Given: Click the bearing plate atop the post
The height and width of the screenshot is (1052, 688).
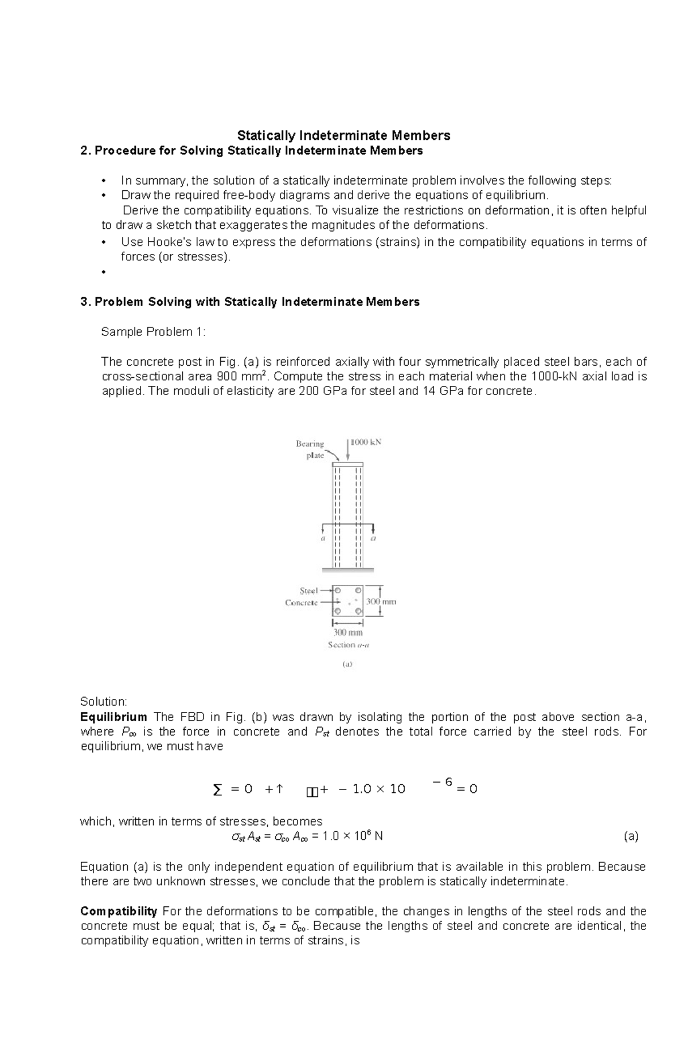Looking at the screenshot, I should click(347, 464).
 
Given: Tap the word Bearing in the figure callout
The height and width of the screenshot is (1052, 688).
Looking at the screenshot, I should click(310, 444).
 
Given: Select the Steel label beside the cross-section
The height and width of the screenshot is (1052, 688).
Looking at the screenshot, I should click(308, 590).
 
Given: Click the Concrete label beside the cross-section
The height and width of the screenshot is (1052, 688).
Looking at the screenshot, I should click(301, 603).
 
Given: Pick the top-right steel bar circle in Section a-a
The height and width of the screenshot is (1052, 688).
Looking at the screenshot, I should click(358, 590).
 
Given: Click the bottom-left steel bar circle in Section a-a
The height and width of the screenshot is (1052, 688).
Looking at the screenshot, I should click(338, 611).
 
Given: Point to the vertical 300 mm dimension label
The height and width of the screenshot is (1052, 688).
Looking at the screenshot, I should click(382, 602).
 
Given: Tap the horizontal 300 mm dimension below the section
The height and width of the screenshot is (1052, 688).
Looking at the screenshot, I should click(348, 633).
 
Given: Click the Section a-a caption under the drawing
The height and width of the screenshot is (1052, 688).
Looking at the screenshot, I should click(349, 645).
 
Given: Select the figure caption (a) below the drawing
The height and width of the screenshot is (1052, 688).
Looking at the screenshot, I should click(347, 664).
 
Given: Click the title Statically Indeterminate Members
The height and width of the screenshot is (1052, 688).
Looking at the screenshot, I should click(344, 136).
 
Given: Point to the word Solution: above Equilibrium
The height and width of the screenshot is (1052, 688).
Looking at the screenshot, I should click(104, 702).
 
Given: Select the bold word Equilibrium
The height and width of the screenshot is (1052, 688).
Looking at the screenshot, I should click(114, 717).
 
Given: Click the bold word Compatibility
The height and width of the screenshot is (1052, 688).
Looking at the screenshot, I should click(119, 912).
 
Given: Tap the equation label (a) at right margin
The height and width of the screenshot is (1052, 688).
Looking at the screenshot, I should click(631, 836).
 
